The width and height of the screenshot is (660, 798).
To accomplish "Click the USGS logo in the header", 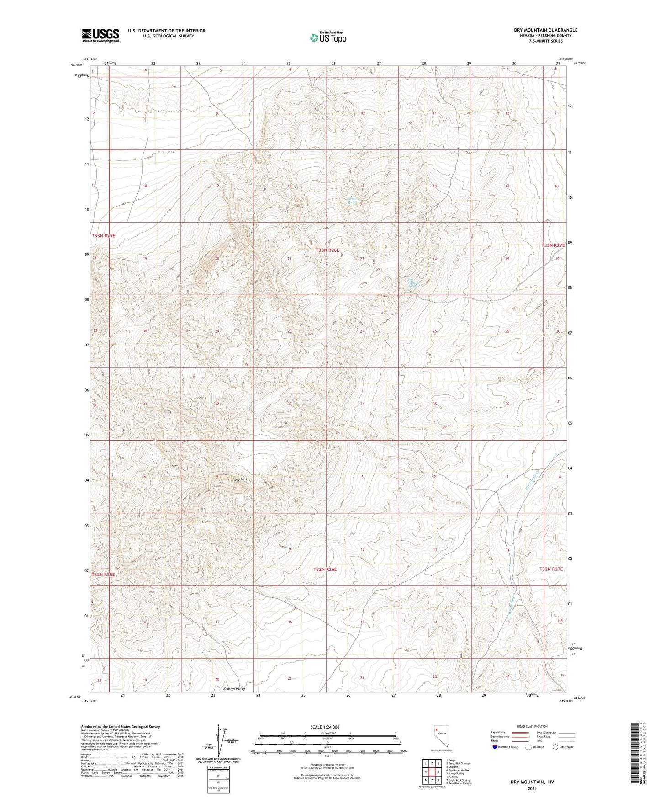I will point(100,35).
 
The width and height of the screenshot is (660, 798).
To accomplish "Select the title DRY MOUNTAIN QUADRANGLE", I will point(539,30).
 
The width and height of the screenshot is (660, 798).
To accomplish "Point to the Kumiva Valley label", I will point(234,688).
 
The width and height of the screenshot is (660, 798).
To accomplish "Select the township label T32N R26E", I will point(325,569).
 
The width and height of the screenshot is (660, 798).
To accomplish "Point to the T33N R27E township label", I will point(553,245).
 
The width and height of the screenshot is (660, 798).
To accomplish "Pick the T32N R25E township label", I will point(103,575).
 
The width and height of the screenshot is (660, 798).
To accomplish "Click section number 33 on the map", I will point(290,404).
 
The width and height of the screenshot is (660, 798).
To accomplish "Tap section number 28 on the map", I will point(289,331).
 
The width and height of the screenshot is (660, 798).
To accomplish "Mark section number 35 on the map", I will point(435,404).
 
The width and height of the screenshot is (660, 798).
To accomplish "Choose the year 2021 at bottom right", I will point(531,789).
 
